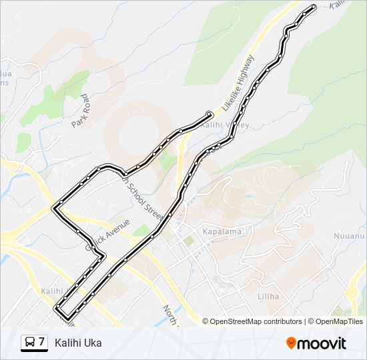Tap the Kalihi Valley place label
[225, 125]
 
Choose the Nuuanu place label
[350, 236]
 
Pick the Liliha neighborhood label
[268, 295]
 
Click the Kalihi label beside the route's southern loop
[51, 292]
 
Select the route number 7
[42, 342]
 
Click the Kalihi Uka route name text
[79, 343]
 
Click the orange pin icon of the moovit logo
[292, 343]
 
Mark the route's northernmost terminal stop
[314, 7]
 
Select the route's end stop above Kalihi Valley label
[210, 113]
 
